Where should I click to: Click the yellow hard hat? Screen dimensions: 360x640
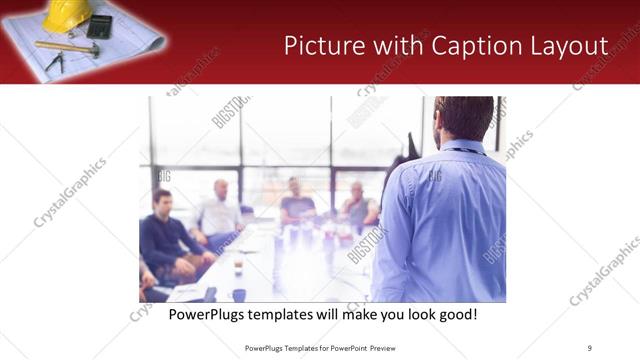(68, 14)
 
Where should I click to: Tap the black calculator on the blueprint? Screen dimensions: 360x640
(99, 25)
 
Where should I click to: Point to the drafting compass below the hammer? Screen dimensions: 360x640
(55, 62)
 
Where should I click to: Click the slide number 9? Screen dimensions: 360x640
(590, 347)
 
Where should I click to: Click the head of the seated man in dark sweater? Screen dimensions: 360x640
(162, 198)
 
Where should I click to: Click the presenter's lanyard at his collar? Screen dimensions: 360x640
(462, 151)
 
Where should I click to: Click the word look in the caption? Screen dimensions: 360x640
(413, 314)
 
